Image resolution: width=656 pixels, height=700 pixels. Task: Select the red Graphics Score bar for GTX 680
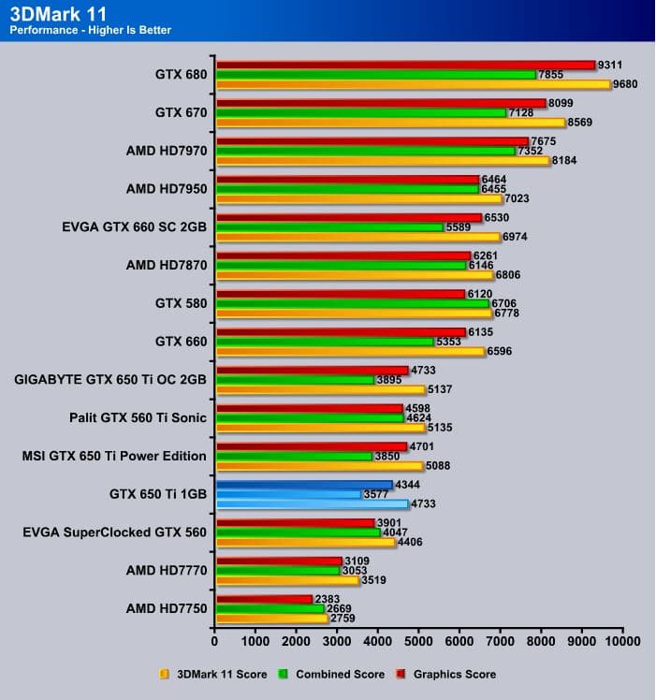coord(405,65)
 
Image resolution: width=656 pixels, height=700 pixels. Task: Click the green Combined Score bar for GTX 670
coord(361,112)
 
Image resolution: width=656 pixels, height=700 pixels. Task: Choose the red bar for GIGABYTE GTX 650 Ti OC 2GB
coord(313,371)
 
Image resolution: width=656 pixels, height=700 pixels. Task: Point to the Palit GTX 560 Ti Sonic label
coord(124,418)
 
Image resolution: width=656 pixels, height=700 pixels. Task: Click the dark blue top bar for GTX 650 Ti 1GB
coord(304,485)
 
